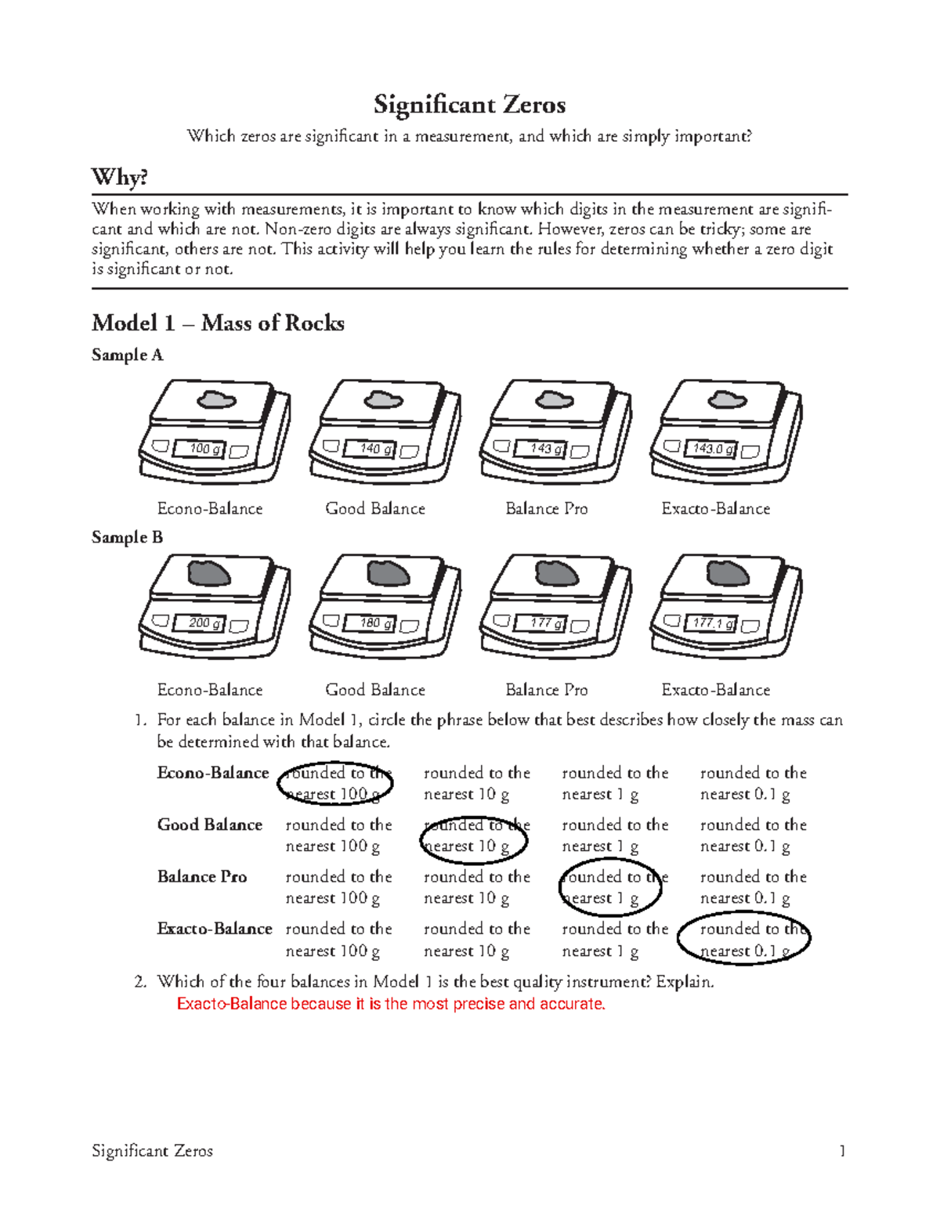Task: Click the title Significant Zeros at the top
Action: point(470,105)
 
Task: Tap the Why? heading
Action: point(120,178)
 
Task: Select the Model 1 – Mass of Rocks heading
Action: point(218,323)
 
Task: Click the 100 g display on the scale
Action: point(200,448)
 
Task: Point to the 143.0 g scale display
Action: point(711,449)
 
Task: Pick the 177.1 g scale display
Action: point(711,622)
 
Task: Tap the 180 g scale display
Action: point(371,622)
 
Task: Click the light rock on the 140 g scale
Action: point(384,399)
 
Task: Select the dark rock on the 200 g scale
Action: point(208,572)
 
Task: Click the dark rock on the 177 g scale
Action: point(556,572)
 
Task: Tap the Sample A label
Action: point(127,355)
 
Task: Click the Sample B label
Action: point(127,537)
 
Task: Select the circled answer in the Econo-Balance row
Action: point(334,784)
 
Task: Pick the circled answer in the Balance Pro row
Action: point(610,887)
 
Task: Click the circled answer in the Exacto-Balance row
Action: point(744,940)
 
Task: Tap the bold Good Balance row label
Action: point(209,824)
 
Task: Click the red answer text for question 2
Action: point(392,1004)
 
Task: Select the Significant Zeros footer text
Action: point(152,1151)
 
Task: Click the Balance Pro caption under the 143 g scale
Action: point(547,509)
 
